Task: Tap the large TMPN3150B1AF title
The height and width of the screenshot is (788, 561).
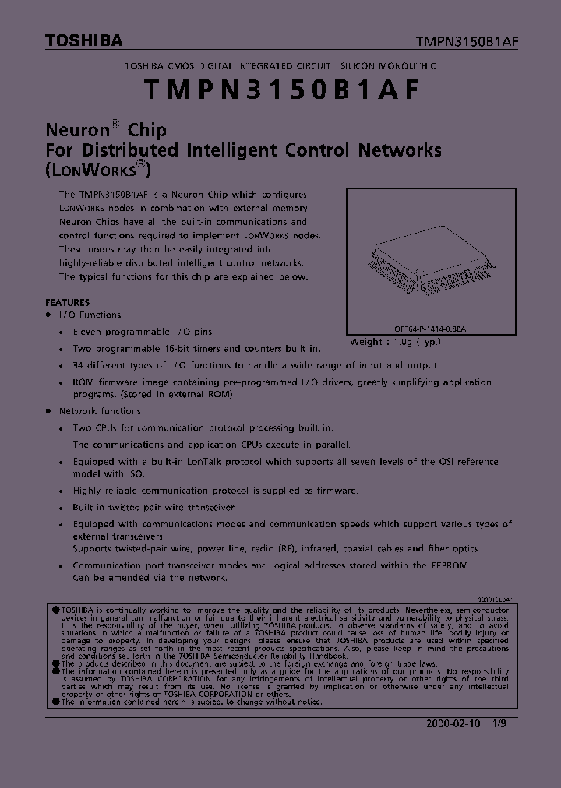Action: [x=281, y=89]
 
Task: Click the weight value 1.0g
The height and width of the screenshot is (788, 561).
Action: [x=404, y=341]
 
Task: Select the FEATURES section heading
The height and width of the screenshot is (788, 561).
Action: [x=67, y=302]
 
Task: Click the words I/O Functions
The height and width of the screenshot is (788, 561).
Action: [x=90, y=315]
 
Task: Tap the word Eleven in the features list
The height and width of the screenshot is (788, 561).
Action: [x=89, y=331]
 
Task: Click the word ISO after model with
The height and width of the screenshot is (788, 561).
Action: [x=134, y=473]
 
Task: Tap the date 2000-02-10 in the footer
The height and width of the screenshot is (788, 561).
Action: [x=453, y=723]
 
